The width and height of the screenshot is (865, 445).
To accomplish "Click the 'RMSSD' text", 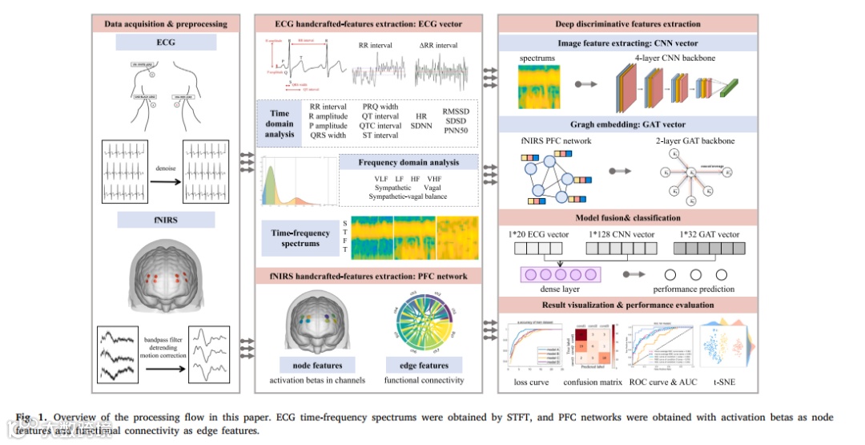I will (x=457, y=113).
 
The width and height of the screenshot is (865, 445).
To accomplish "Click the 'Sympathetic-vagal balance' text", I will (x=408, y=196).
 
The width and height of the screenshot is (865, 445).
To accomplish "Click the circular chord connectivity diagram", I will (x=424, y=330).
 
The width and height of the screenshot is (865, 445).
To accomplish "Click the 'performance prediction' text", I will (x=693, y=289).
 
